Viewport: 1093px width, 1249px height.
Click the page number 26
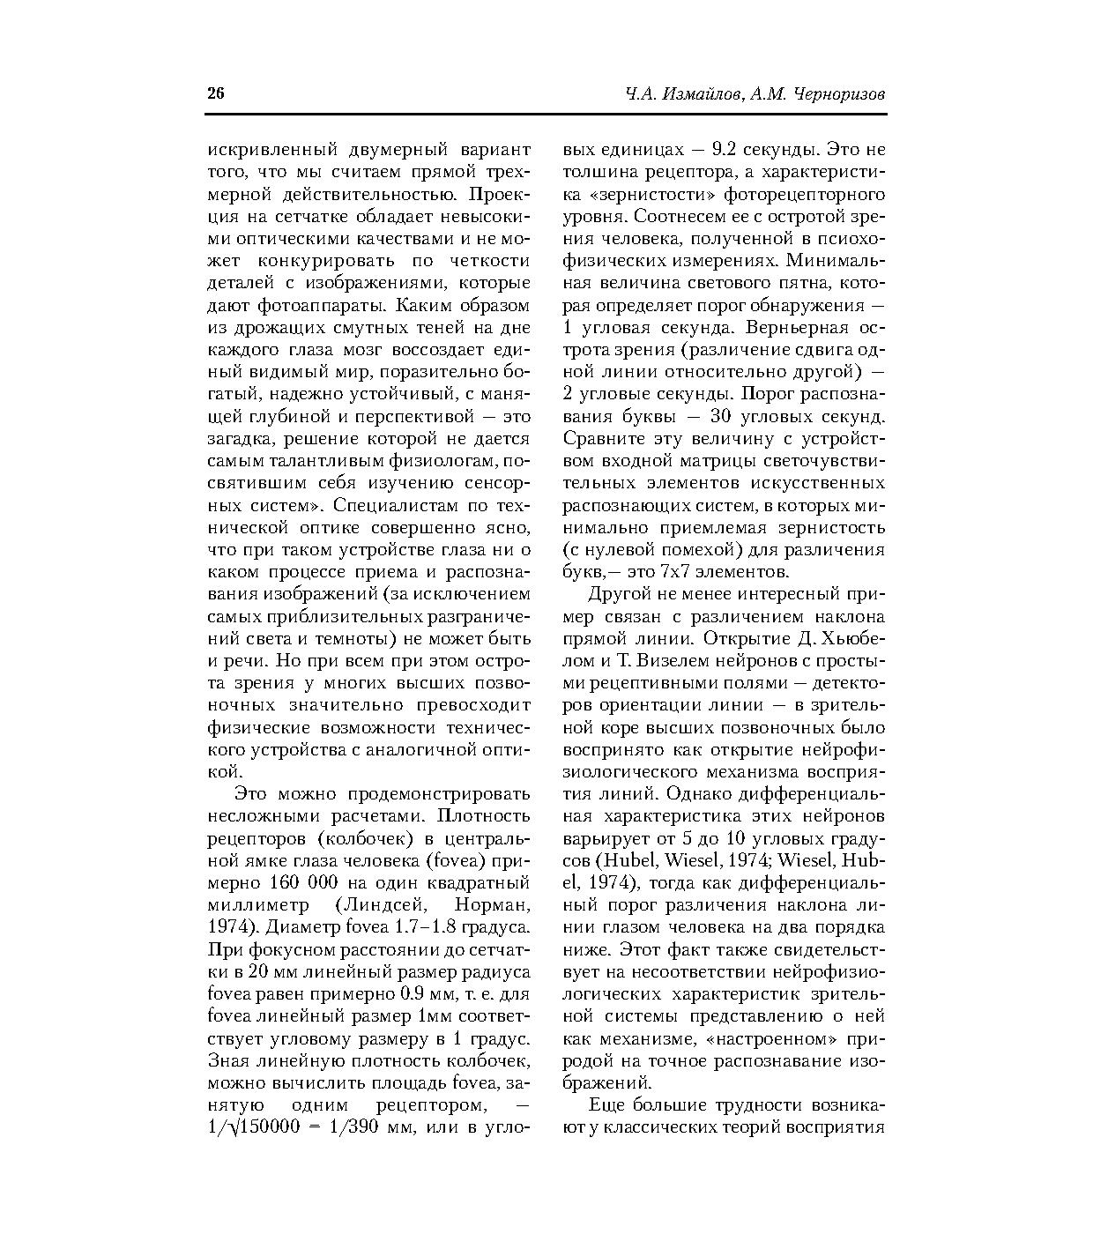pos(216,94)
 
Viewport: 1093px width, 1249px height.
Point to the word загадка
pos(236,439)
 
